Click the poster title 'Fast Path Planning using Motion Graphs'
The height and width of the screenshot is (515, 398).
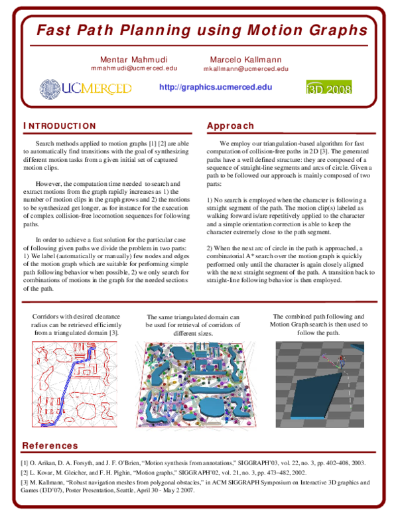tap(201, 30)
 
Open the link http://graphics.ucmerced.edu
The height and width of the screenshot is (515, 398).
tap(216, 87)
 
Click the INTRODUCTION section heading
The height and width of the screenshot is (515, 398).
tap(60, 126)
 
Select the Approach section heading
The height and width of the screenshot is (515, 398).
tap(230, 126)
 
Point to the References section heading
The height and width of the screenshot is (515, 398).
tap(50, 445)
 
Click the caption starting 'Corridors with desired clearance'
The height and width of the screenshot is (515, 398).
tap(77, 325)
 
